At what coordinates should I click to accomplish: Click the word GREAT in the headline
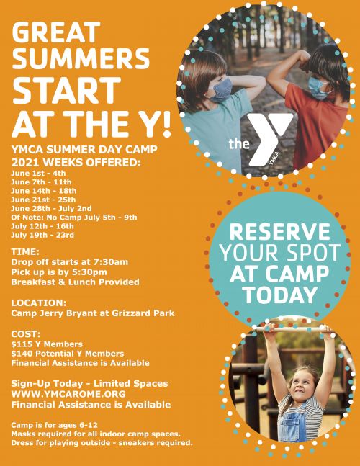point(55,32)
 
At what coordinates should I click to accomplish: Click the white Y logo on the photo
point(269,138)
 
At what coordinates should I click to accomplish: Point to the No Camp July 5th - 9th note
point(74,217)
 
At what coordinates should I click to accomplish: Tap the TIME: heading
point(26,251)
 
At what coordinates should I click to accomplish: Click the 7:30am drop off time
point(111,261)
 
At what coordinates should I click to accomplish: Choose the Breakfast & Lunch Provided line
point(76,282)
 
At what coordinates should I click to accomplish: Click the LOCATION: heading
point(39,303)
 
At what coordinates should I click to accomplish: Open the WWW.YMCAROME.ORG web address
point(68,394)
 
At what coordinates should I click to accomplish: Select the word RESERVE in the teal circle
point(279,233)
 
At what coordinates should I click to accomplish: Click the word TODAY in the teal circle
point(280,294)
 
